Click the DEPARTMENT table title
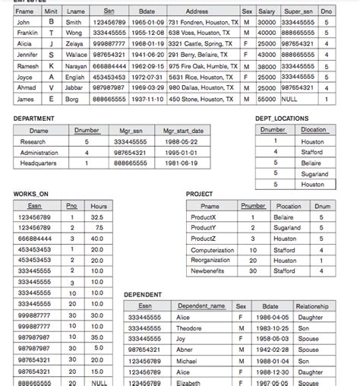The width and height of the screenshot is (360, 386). coord(35,119)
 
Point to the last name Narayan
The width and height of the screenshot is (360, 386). coord(76,66)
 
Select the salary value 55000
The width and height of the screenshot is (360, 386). coord(266,99)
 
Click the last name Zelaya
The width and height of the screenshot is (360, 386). coord(74,44)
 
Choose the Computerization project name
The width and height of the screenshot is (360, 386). coord(212,249)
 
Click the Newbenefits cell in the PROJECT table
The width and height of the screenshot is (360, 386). coord(207,271)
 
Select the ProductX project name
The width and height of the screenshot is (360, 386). coord(204,217)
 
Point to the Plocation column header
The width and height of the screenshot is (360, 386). coord(289,206)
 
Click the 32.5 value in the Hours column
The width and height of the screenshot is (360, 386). coord(96,217)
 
